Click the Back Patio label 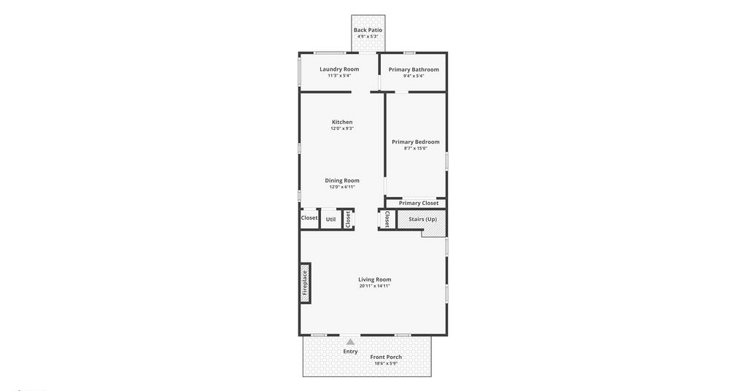[368, 30]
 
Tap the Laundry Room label [339, 69]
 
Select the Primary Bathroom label [414, 69]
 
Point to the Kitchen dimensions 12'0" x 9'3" [342, 128]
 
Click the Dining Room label [342, 180]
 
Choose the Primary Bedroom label [415, 142]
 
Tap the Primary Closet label [419, 203]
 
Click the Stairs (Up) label [422, 219]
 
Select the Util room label [330, 220]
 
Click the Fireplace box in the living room [305, 283]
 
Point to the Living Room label [375, 279]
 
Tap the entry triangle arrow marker [350, 341]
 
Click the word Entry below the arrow [350, 352]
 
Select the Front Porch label [386, 357]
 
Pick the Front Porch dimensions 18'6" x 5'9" [386, 363]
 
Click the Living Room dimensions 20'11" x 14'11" [375, 286]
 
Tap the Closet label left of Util [309, 217]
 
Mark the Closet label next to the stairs [387, 220]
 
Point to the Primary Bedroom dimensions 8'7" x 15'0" [415, 149]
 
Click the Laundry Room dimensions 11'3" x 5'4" [339, 76]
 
